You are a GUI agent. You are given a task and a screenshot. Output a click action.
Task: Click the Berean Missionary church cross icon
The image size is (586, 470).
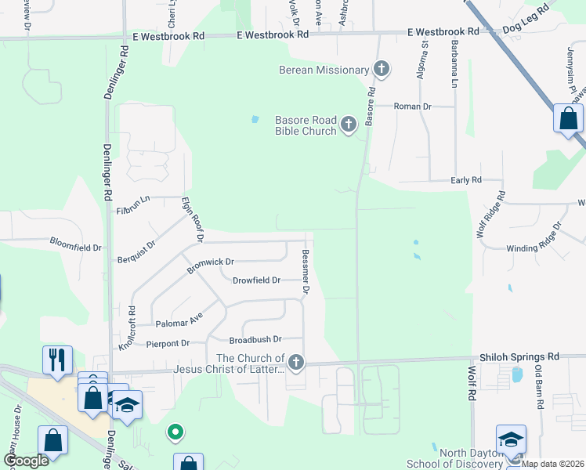[382, 70]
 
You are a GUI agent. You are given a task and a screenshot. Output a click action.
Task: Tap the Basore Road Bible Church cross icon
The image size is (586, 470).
[349, 123]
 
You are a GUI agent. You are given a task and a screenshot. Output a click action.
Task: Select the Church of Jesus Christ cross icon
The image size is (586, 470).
[295, 361]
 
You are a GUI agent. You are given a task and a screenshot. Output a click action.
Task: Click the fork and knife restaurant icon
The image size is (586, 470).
[57, 360]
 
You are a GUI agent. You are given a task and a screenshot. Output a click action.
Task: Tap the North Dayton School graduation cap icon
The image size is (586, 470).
[510, 439]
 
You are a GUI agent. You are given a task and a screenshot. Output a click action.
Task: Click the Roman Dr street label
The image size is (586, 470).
[413, 106]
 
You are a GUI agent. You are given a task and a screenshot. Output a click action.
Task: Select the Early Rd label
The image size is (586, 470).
[466, 180]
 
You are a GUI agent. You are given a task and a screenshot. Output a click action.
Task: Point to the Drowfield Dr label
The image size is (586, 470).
[256, 280]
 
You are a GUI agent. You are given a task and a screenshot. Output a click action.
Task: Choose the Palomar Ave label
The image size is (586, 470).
[180, 320]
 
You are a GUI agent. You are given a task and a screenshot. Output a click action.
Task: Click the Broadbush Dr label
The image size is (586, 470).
[255, 340]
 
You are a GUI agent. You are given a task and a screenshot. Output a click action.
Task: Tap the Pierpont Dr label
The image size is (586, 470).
[168, 343]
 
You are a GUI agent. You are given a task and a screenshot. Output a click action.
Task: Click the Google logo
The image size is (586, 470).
[27, 461]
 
